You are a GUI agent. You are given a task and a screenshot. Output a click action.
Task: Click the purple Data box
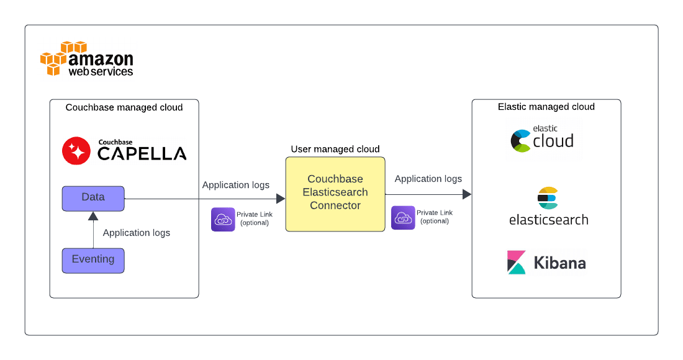pos(93,198)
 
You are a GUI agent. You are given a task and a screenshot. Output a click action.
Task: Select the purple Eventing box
pos(93,260)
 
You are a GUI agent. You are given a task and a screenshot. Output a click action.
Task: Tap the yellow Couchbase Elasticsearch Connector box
pos(335,194)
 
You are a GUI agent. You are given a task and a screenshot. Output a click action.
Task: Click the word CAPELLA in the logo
pos(142,154)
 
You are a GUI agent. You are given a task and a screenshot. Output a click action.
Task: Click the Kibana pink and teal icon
pos(517,262)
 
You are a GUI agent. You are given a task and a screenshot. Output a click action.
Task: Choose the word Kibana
pos(559,263)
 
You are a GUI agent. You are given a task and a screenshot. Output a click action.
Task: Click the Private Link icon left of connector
pos(223,219)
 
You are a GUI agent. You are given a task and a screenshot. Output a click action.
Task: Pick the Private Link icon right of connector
pos(403,218)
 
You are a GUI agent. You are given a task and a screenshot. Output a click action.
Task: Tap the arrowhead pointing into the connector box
pos(281,199)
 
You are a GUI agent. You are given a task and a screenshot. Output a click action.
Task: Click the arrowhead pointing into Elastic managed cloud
pos(467,194)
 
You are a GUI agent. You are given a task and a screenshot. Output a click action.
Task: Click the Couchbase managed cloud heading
pos(124,107)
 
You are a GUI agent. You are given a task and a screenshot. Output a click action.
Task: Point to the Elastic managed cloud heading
pos(546,107)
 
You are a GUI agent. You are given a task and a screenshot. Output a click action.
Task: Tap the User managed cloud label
pos(335,149)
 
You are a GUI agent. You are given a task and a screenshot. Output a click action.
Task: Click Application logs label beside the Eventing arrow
pos(136,233)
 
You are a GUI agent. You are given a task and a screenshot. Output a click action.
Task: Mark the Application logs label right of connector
pos(428,179)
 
